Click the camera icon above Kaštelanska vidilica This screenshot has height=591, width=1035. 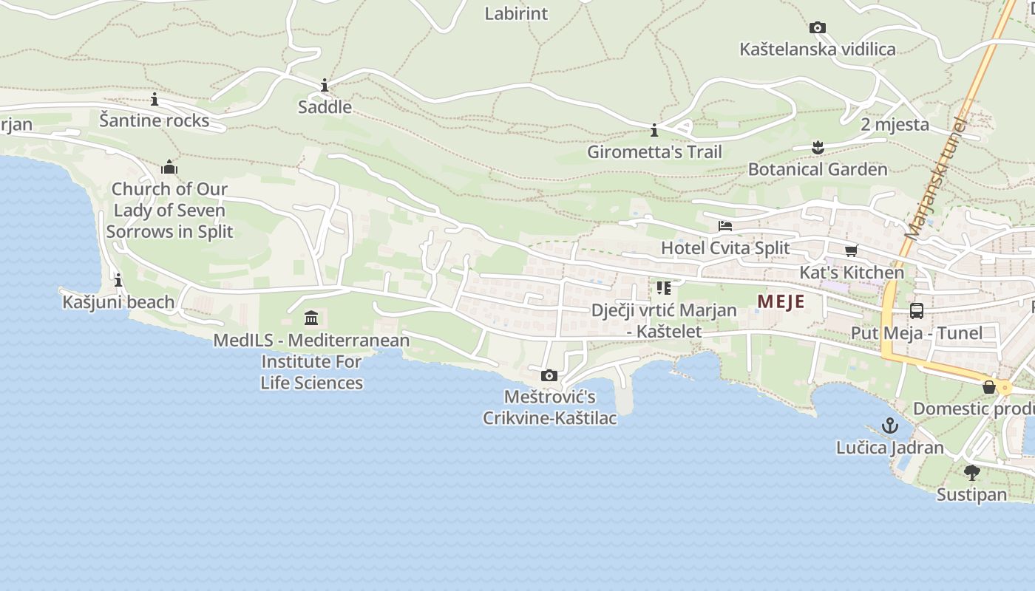(817, 28)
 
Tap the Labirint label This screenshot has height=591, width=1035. (516, 13)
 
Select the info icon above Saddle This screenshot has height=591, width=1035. (325, 86)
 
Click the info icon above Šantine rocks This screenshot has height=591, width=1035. (155, 99)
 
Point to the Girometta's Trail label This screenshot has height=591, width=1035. (654, 152)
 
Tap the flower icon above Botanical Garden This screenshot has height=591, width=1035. (818, 148)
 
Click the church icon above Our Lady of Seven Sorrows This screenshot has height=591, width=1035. (169, 167)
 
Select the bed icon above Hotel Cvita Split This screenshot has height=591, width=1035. (725, 226)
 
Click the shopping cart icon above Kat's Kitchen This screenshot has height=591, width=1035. (852, 251)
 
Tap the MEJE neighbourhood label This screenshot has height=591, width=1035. (781, 301)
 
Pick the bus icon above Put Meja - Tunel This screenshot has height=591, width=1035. (917, 311)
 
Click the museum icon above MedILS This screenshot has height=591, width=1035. (311, 318)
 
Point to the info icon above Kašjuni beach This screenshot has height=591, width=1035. (118, 281)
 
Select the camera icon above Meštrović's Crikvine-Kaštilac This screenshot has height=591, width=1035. (549, 376)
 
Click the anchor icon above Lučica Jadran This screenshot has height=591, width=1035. (890, 426)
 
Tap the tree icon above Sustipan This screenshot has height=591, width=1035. (972, 473)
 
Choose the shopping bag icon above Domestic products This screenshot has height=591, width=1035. (989, 387)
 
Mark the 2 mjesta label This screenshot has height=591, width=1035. (895, 124)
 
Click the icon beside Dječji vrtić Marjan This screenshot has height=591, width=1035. (663, 288)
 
